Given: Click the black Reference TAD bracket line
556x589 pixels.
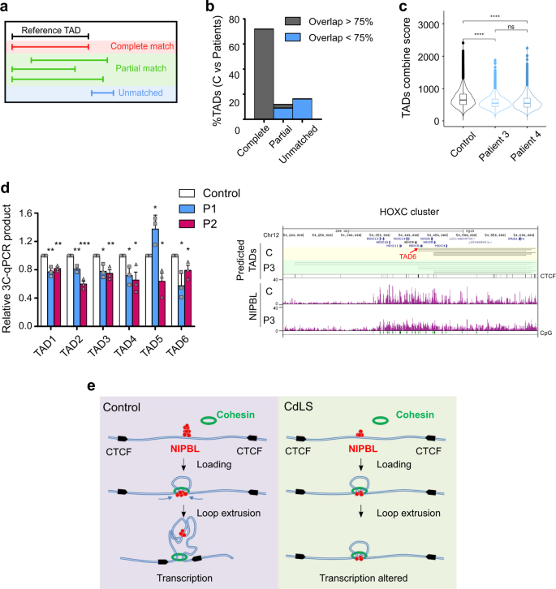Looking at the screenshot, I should (x=50, y=37).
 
